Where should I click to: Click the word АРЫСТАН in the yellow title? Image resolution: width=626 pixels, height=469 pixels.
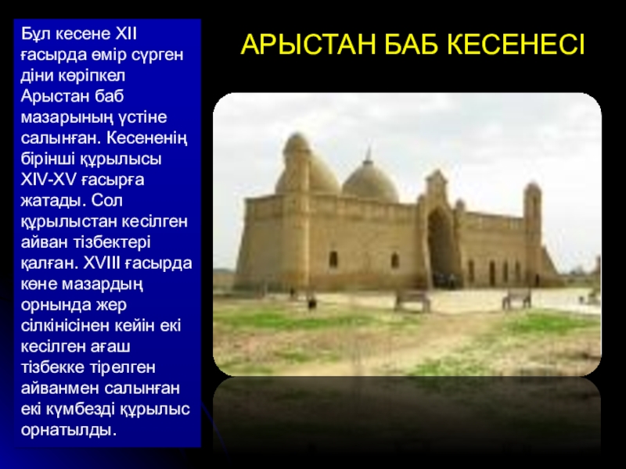pos(308,45)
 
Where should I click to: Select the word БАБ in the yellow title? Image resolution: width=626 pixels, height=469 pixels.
pos(412,45)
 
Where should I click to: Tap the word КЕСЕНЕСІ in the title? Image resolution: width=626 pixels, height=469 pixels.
pos(516,45)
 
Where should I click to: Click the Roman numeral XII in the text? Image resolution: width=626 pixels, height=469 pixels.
pos(126,34)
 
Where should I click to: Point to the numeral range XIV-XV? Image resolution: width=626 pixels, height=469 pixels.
pos(49,180)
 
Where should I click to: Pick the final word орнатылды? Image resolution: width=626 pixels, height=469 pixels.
pos(68,431)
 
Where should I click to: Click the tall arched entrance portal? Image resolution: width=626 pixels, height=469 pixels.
pos(440,243)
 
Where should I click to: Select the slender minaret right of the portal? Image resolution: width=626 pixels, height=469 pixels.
pos(533,231)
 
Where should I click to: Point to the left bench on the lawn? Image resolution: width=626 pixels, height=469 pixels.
pos(412,301)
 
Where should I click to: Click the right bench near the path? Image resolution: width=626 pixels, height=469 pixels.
pos(516,299)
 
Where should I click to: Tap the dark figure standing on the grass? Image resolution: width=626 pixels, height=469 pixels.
pos(311,303)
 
